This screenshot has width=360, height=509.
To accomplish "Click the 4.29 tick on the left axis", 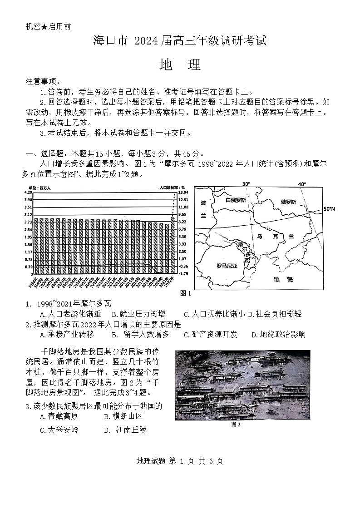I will click(28, 193).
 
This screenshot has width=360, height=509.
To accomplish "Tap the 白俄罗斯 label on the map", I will click(236, 200).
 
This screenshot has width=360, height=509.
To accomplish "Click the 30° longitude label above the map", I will click(246, 184).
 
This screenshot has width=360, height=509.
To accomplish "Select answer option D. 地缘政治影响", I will click(278, 335).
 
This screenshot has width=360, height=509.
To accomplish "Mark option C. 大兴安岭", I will click(59, 430).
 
